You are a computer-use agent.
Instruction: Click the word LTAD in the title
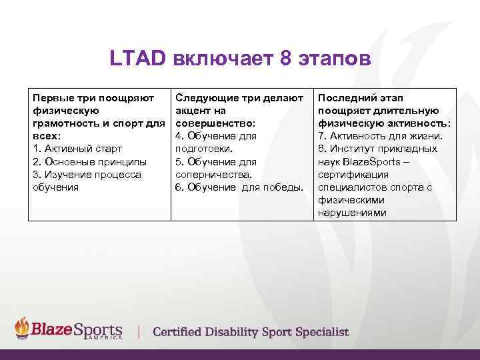point(137,60)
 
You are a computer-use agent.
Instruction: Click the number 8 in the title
point(286,60)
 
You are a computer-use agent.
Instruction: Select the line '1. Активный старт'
point(77,149)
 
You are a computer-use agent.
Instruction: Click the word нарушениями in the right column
point(352,213)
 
